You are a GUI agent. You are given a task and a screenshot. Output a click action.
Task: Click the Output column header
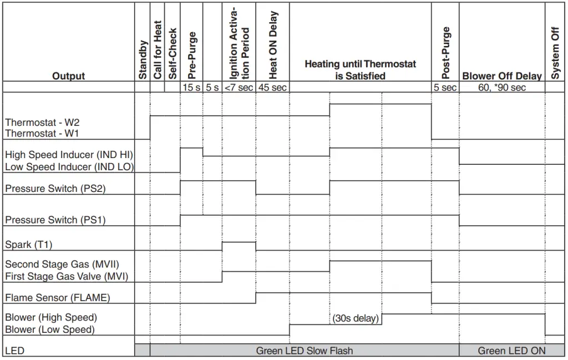(x=68, y=76)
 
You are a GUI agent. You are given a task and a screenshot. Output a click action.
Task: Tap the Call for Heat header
(x=158, y=50)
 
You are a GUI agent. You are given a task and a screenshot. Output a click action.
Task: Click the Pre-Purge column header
(x=192, y=54)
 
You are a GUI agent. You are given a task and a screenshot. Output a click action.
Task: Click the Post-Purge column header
(x=445, y=53)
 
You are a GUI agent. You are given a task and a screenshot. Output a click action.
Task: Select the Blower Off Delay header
(x=501, y=76)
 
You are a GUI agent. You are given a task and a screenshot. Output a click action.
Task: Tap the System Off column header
(x=555, y=53)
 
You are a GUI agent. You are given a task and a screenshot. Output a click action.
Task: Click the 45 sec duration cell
(x=272, y=88)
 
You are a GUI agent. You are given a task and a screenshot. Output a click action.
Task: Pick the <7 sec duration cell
(x=239, y=88)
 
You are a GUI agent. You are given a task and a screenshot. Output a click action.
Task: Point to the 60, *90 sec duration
(x=501, y=88)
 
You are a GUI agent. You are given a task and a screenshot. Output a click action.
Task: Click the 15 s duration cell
(x=191, y=88)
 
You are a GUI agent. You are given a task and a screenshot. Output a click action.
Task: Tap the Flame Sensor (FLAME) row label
(x=57, y=298)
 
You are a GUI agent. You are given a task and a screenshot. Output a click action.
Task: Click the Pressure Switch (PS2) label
(x=55, y=189)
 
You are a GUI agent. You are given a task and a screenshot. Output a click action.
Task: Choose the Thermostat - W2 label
(x=42, y=122)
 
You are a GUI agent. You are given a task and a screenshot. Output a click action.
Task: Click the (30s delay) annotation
(x=356, y=318)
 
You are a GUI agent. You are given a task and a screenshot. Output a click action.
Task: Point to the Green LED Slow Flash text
(x=304, y=351)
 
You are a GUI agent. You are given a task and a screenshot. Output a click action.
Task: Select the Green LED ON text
(x=511, y=351)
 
